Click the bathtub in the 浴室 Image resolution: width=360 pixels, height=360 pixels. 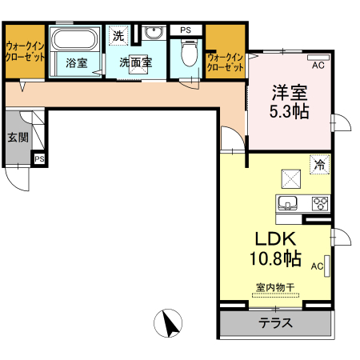tap(74, 38)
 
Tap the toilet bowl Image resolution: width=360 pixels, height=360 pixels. tap(190, 53)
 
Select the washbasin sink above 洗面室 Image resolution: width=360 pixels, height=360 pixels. tap(154, 33)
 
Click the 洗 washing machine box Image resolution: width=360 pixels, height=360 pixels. tap(119, 35)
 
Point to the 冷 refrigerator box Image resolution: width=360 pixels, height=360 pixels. tap(319, 165)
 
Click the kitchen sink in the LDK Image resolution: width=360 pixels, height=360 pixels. tap(287, 203)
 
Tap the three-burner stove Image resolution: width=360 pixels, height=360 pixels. tap(320, 204)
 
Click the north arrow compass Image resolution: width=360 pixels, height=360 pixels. tap(168, 323)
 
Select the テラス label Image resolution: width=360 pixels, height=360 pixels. tap(275, 323)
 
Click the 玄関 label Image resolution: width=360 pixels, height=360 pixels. tap(18, 138)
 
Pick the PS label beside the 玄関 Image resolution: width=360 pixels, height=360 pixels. tap(39, 159)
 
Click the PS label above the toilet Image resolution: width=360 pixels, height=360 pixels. tap(186, 30)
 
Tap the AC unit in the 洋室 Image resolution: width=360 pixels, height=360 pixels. tap(318, 58)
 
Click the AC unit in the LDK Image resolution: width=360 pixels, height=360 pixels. tap(327, 266)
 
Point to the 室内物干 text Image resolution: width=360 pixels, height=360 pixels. tap(275, 287)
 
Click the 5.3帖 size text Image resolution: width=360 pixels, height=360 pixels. tap(290, 111)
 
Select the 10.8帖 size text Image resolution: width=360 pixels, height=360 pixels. tap(276, 258)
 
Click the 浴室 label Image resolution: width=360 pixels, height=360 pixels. tap(77, 63)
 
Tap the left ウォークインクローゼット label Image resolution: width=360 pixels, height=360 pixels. tap(26, 52)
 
